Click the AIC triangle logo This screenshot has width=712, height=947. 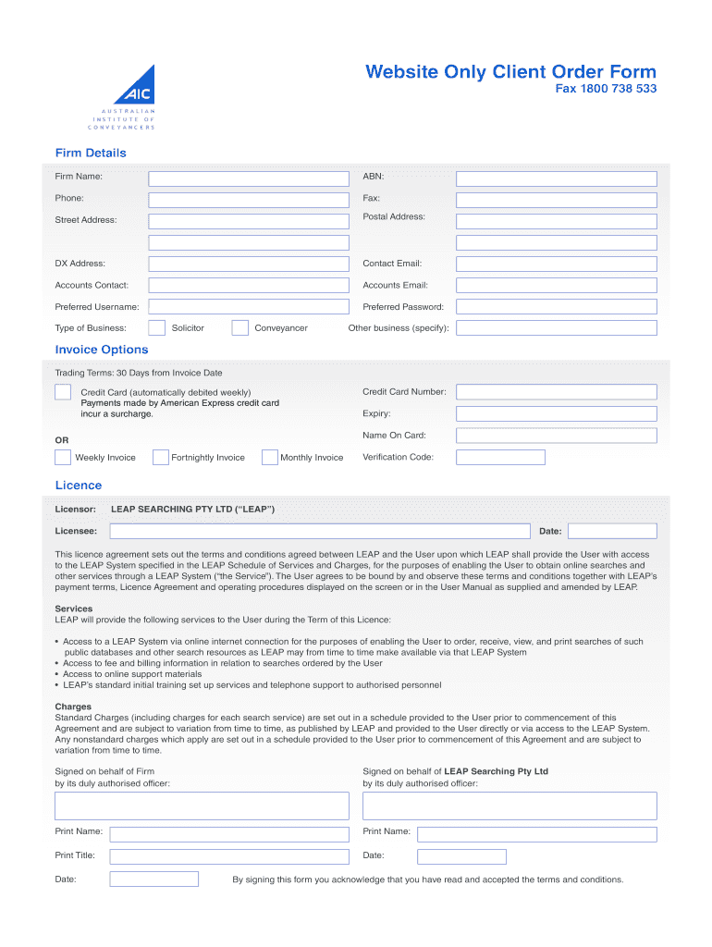tap(136, 86)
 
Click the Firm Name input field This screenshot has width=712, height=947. tap(249, 178)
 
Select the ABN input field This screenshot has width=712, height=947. tap(556, 178)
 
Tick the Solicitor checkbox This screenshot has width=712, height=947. tap(156, 327)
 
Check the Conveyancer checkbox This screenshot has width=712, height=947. tap(239, 327)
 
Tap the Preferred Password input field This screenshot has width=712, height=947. tap(556, 307)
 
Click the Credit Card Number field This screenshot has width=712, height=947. tap(556, 392)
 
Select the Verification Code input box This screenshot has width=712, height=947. tap(500, 457)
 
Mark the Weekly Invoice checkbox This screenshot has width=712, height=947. tap(62, 457)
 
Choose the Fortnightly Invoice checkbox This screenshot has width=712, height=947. tap(160, 457)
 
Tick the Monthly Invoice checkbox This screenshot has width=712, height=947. tap(270, 457)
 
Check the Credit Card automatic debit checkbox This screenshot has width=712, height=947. tap(62, 392)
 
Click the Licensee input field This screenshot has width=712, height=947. tap(322, 531)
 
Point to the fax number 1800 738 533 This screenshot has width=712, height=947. tap(606, 90)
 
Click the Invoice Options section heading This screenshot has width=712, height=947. tap(101, 350)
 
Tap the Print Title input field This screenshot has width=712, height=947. tap(153, 856)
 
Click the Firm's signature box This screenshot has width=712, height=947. tap(202, 806)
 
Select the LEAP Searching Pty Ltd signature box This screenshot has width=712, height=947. tap(509, 806)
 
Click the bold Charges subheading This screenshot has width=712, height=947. tap(73, 707)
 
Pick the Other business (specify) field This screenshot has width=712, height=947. tap(556, 328)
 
